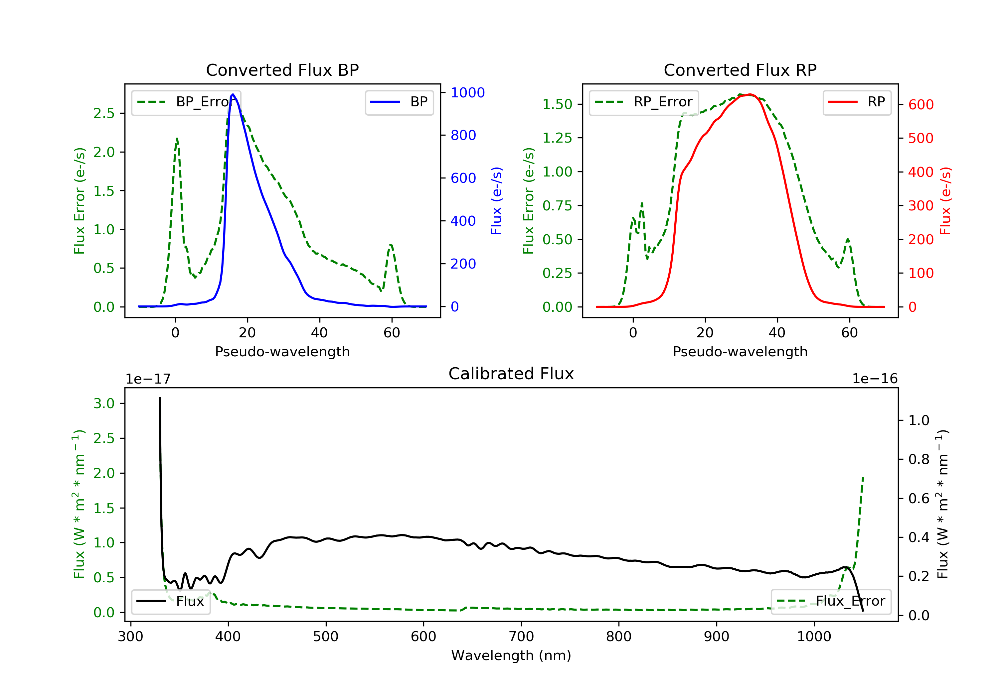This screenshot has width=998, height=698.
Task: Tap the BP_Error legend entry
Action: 186,102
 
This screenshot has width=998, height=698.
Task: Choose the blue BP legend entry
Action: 399,102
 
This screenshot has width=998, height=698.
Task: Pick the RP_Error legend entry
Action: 644,102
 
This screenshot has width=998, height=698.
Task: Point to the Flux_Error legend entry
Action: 831,601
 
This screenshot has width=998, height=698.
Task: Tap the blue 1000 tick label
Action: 467,92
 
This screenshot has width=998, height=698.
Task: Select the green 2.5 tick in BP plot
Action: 104,113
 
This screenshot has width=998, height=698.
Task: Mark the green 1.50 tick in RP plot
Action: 557,104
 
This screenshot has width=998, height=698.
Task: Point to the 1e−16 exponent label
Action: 875,379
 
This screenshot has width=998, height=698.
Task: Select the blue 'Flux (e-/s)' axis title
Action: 496,201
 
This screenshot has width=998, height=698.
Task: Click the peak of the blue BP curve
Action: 233,94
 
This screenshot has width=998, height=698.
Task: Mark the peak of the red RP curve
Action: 750,95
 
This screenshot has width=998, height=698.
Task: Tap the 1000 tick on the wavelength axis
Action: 814,637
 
